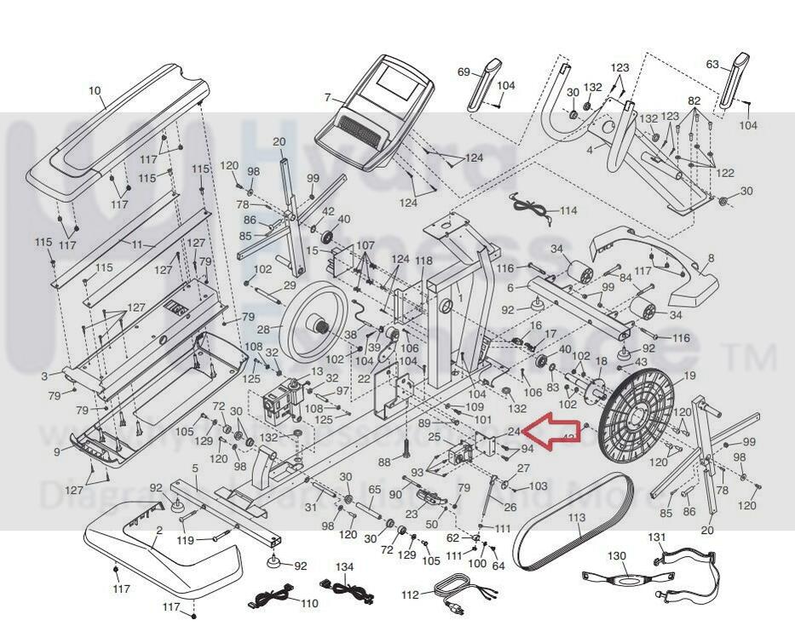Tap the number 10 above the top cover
click(95, 90)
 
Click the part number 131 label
click(656, 537)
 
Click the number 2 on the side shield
click(158, 531)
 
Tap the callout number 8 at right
click(711, 257)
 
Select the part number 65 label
click(374, 491)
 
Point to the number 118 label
click(423, 261)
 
